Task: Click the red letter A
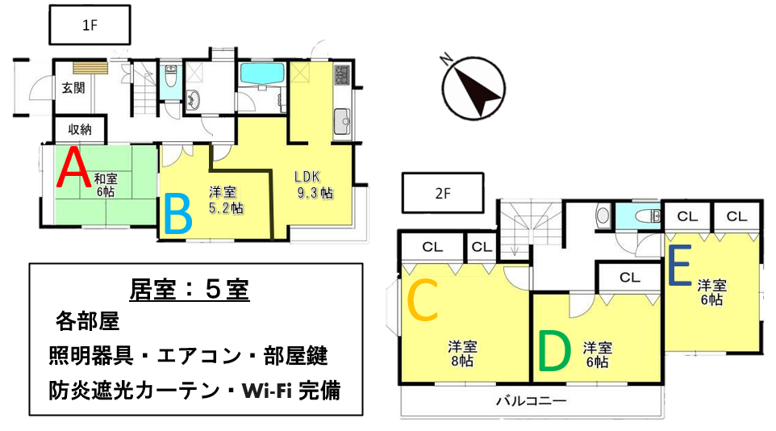(x=73, y=167)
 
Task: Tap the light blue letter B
(x=177, y=214)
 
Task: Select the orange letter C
(x=422, y=299)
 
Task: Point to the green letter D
(x=554, y=351)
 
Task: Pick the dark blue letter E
(x=679, y=266)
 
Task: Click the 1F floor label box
(x=90, y=25)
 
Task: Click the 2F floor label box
(x=443, y=193)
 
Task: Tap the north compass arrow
(x=474, y=88)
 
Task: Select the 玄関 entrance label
(x=73, y=88)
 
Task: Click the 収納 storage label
(x=80, y=129)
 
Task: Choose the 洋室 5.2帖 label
(x=225, y=199)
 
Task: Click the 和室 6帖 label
(x=106, y=184)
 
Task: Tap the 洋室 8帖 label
(x=462, y=354)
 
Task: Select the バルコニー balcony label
(x=531, y=400)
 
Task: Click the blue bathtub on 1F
(x=262, y=74)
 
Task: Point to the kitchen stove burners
(x=342, y=75)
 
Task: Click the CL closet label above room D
(x=629, y=278)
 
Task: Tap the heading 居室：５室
(x=189, y=290)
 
